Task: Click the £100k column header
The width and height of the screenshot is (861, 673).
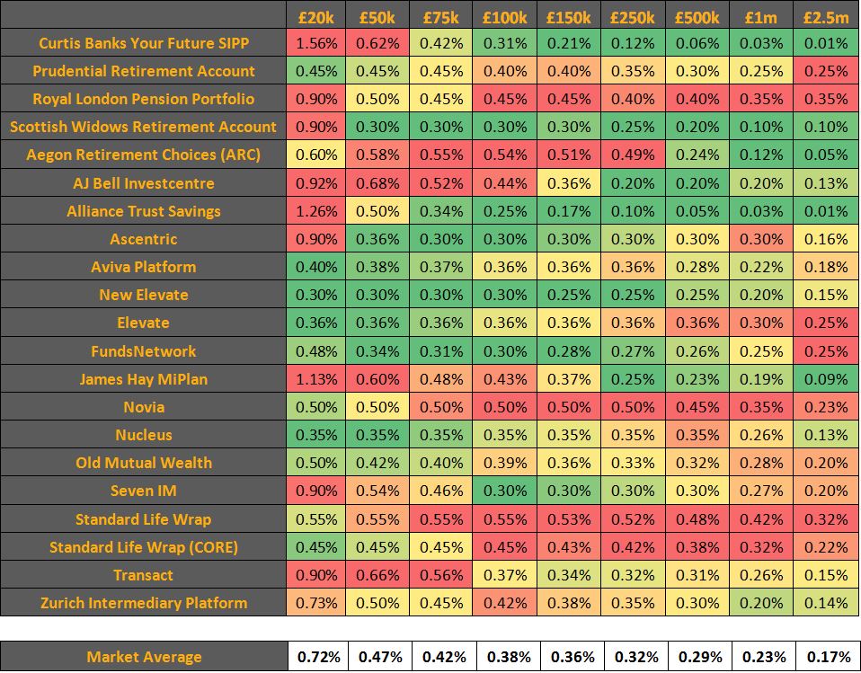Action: click(504, 16)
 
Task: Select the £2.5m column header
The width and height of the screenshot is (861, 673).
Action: click(826, 16)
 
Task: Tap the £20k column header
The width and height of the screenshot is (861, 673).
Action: click(316, 16)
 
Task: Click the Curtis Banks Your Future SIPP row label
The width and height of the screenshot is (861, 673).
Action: click(144, 43)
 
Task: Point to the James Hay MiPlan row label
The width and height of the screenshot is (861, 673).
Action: click(144, 379)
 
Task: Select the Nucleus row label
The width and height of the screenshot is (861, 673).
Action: click(144, 435)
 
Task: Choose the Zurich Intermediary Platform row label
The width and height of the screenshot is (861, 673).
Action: click(144, 603)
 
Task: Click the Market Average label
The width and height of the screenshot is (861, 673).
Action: click(144, 657)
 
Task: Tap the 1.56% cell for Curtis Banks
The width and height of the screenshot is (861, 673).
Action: click(316, 43)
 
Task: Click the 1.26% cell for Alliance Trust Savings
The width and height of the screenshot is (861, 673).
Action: click(316, 211)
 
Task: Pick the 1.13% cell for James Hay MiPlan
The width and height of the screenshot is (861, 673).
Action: click(316, 379)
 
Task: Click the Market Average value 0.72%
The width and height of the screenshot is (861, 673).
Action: click(318, 657)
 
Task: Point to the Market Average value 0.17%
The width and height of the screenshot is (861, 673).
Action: click(828, 657)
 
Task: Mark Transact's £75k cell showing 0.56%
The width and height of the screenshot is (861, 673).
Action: click(442, 575)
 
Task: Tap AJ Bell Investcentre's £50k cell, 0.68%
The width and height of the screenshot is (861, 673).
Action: click(379, 183)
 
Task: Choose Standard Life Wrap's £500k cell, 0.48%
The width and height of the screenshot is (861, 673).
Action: click(697, 519)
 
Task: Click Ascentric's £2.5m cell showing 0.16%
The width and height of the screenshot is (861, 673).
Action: click(826, 239)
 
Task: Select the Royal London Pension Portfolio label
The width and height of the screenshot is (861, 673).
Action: click(144, 99)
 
